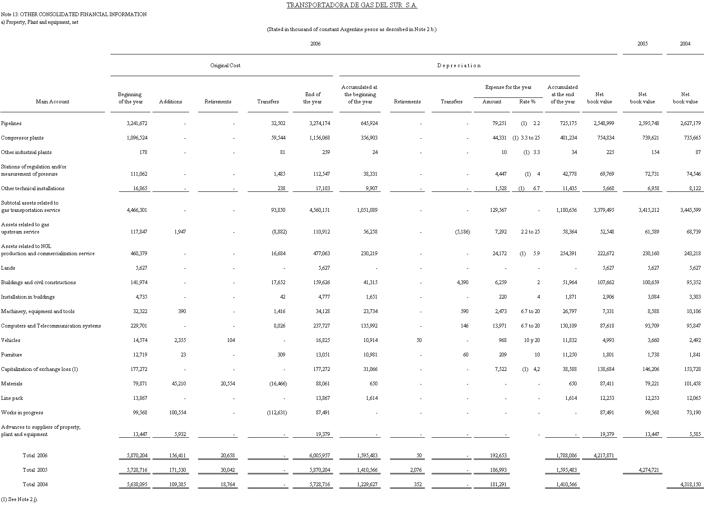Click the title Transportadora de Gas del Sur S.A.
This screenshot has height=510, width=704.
point(352,6)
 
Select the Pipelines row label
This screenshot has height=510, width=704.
point(11,123)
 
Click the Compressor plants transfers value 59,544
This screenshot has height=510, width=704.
point(278,138)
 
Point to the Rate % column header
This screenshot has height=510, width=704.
point(527,102)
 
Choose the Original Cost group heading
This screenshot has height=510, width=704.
point(225,66)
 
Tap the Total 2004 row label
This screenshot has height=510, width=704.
point(35,484)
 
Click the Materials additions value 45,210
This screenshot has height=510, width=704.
point(178,384)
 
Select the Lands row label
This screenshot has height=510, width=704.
point(8,268)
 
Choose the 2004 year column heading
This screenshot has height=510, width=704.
point(685,44)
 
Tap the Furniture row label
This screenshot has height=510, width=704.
point(11,355)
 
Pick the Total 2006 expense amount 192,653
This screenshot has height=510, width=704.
point(497,456)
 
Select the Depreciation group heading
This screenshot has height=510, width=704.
point(459,66)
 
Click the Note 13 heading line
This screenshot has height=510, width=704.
point(74,14)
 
